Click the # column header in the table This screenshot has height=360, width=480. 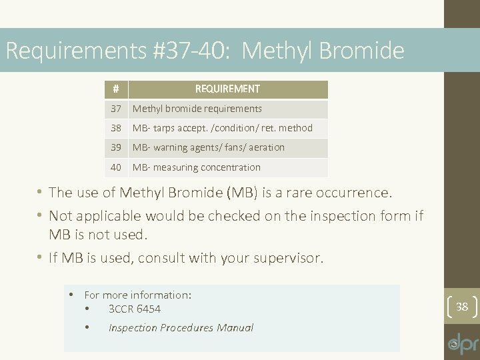click(115, 89)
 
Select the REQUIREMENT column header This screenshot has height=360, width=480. click(227, 89)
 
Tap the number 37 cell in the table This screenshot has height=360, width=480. click(116, 109)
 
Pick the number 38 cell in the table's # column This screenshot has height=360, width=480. click(116, 128)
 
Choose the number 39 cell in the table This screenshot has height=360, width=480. click(116, 147)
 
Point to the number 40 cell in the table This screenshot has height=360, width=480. click(116, 167)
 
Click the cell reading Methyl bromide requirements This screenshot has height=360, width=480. click(197, 109)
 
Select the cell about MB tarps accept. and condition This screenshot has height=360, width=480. click(222, 128)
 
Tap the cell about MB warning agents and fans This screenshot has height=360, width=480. click(208, 147)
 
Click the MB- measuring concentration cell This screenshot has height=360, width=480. click(196, 167)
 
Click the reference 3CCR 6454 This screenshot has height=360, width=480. click(134, 309)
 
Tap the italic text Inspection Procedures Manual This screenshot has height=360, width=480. click(181, 327)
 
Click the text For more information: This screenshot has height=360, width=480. click(138, 295)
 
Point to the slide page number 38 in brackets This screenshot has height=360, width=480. click(462, 307)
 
